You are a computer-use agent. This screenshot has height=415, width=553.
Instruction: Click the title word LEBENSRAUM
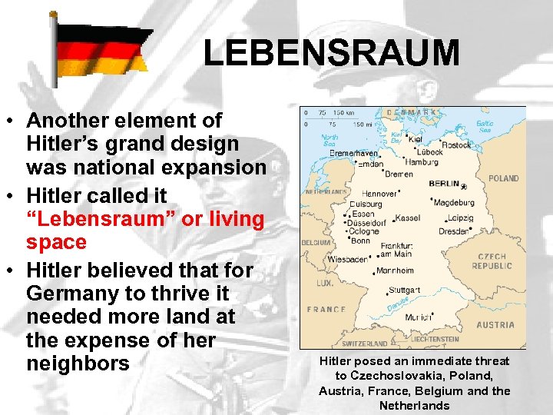click(331, 53)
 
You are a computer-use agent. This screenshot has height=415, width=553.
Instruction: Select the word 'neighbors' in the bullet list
click(78, 362)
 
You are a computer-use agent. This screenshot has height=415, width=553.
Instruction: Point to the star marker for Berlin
click(463, 187)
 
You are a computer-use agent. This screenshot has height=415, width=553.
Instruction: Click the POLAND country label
click(503, 178)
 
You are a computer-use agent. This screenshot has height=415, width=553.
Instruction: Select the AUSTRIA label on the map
click(495, 325)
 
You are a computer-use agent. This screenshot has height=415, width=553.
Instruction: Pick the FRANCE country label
click(326, 309)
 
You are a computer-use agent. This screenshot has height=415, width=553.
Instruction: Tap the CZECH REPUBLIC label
click(492, 261)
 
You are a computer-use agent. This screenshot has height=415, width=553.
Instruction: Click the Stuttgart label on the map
click(406, 290)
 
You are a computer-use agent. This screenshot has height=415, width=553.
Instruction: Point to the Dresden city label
click(453, 231)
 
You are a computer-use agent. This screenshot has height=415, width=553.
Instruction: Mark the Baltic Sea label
click(485, 127)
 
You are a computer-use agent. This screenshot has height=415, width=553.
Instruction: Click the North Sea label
click(328, 141)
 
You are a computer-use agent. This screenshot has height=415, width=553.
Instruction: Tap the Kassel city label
click(409, 218)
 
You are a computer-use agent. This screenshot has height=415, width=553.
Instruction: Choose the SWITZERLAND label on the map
click(364, 344)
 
